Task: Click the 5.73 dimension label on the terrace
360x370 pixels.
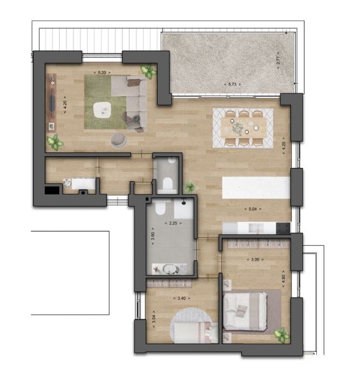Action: [x=232, y=84]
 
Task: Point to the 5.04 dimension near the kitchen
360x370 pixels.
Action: [x=252, y=210]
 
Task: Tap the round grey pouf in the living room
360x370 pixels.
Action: [x=119, y=140]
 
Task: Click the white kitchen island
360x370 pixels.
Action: [x=256, y=187]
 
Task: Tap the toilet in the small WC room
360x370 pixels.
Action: [x=166, y=183]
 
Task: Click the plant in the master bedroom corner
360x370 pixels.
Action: [x=281, y=335]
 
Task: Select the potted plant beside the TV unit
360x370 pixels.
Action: [x=55, y=143]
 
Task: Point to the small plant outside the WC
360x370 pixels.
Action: [x=190, y=187]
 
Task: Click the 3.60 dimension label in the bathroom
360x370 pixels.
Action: [x=153, y=236]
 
